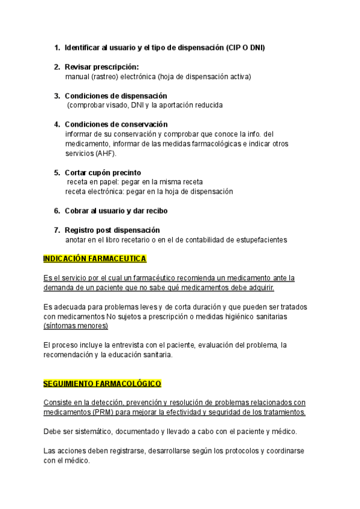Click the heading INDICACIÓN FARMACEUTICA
pyautogui.click(x=95, y=259)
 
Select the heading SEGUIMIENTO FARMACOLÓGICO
pyautogui.click(x=103, y=383)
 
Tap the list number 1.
pyautogui.click(x=57, y=47)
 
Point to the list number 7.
pyautogui.click(x=57, y=230)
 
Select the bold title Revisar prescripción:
pyautogui.click(x=101, y=67)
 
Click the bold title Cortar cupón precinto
pyautogui.click(x=103, y=172)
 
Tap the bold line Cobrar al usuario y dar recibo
pyautogui.click(x=116, y=211)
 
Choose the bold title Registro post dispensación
pyautogui.click(x=112, y=230)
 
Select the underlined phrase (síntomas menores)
pyautogui.click(x=76, y=326)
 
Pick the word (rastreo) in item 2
pyautogui.click(x=106, y=76)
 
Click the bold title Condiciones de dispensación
pyautogui.click(x=116, y=95)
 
